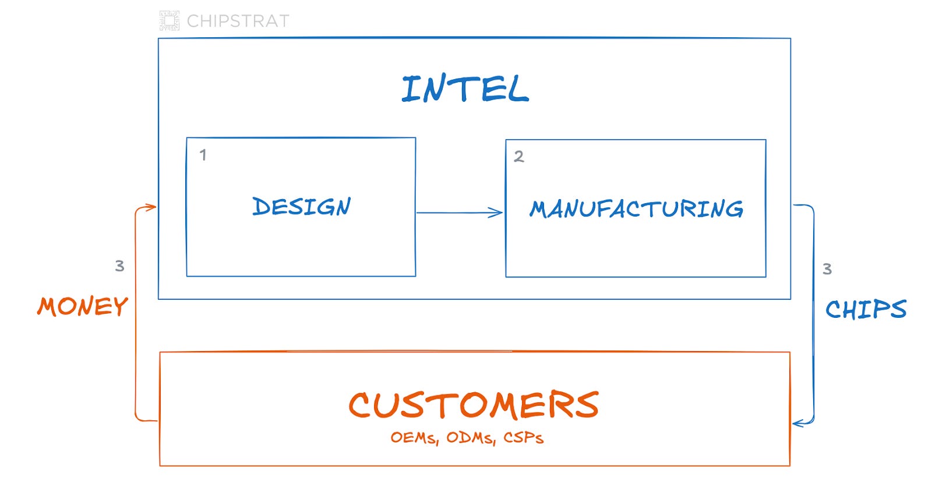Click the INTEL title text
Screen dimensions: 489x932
coord(465,90)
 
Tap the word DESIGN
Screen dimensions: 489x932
coord(301,207)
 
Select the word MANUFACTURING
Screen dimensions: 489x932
coord(636,209)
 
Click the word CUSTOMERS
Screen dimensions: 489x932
coord(474,405)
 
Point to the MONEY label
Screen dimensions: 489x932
coord(82,307)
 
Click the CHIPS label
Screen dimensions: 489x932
coord(866,309)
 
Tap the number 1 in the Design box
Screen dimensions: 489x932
coord(203,155)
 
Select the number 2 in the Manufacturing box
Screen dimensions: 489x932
coord(518,156)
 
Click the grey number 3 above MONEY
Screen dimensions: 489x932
coord(119,266)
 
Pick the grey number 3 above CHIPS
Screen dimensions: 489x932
coord(827,269)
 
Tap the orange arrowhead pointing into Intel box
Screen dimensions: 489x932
coord(151,207)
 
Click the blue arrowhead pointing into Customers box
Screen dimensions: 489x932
coord(799,423)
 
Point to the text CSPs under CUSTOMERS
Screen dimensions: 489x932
coord(523,438)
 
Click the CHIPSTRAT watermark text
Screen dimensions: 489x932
coord(238,21)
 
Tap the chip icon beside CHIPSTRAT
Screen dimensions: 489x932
coord(170,20)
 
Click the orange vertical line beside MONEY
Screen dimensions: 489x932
coord(135,314)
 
